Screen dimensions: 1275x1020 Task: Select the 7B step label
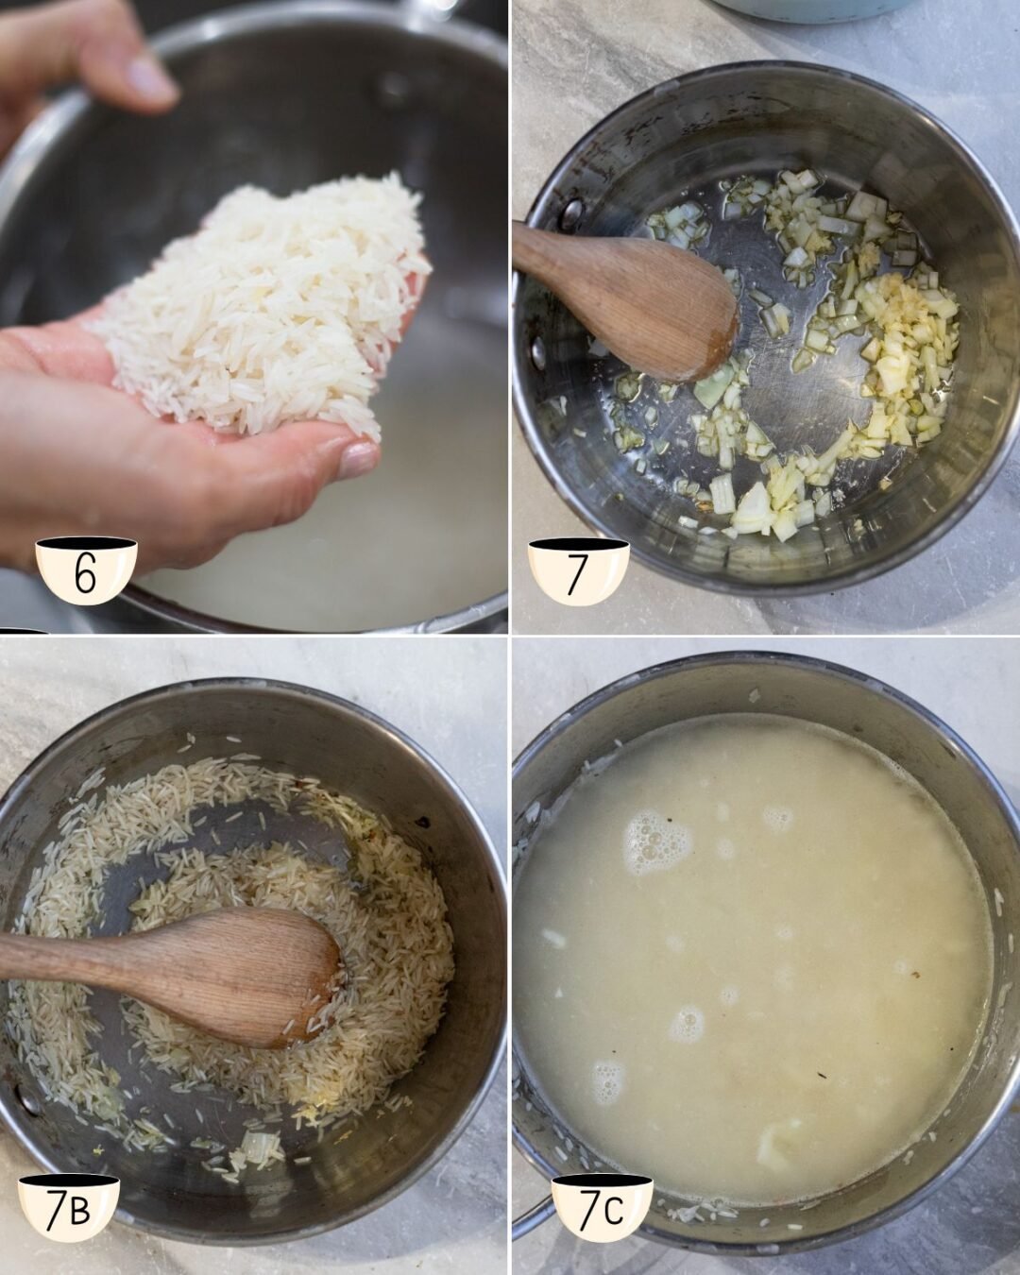click(x=69, y=1208)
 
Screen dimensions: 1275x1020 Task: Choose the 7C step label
click(x=602, y=1208)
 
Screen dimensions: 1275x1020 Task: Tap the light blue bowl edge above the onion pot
click(x=812, y=9)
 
